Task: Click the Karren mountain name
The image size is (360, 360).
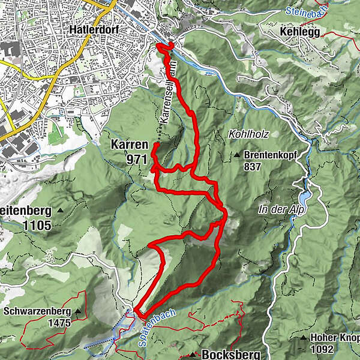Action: pyautogui.click(x=128, y=145)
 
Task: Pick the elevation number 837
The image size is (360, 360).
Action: pyautogui.click(x=253, y=167)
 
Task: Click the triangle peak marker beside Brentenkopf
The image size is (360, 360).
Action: pyautogui.click(x=238, y=155)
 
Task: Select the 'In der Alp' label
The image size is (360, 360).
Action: pyautogui.click(x=280, y=209)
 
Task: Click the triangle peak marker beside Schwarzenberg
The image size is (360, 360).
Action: pyautogui.click(x=79, y=312)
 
